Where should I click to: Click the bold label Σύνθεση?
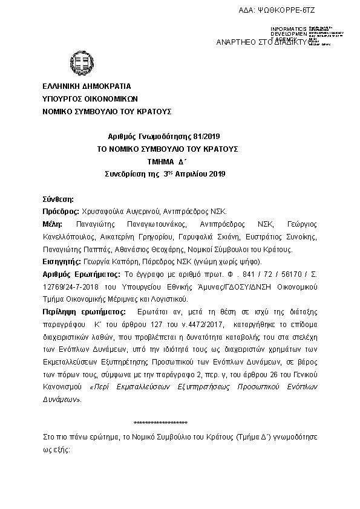click(58, 199)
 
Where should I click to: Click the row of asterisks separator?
click(160, 423)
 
